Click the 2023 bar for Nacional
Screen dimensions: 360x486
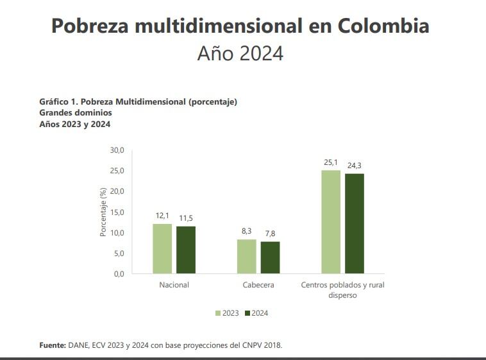point(162,249)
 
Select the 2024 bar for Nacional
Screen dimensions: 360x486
point(186,250)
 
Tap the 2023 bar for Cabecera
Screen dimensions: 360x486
point(246,257)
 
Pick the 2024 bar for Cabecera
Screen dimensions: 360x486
point(270,258)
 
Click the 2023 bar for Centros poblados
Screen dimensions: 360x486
point(331,222)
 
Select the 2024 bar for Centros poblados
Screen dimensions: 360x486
point(355,224)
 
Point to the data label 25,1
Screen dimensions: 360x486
point(331,163)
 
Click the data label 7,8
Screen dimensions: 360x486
point(270,234)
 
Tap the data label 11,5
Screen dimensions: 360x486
point(186,218)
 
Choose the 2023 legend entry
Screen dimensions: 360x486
point(227,313)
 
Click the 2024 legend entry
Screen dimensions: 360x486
point(256,313)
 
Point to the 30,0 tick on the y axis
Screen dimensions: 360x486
point(117,150)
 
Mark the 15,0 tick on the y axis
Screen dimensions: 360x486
point(117,212)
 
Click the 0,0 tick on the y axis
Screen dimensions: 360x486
point(118,274)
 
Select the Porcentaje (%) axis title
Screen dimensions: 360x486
point(103,212)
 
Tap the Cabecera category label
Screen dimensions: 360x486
point(258,285)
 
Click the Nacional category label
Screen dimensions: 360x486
point(174,285)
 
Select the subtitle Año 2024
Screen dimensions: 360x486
point(240,54)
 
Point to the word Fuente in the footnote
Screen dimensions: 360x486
point(52,345)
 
